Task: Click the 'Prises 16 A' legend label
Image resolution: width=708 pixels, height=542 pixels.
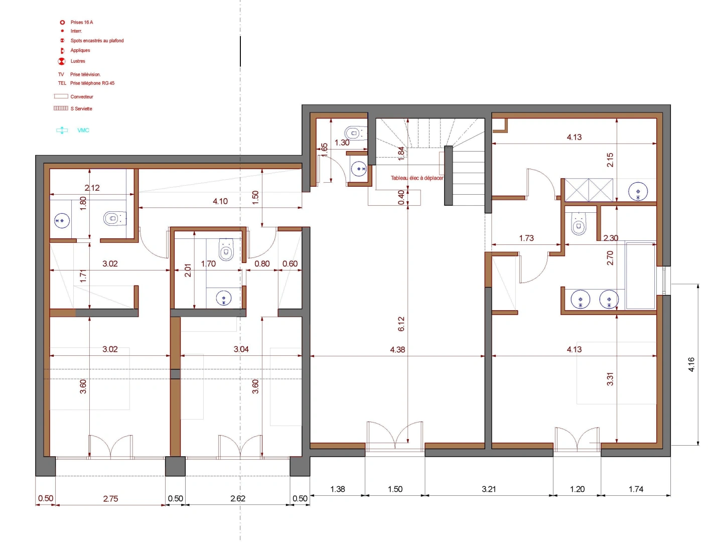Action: (x=82, y=22)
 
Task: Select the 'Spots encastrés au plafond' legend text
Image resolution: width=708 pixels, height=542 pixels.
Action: (x=97, y=41)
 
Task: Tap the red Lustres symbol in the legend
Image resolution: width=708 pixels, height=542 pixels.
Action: (x=62, y=61)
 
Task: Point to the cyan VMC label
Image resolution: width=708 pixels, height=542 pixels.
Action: (x=83, y=130)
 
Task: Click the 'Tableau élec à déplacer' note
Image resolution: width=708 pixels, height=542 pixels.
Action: (x=417, y=178)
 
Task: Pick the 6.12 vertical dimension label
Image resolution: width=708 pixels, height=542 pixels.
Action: (x=401, y=324)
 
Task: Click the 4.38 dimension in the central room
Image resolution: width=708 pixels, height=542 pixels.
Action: (x=397, y=350)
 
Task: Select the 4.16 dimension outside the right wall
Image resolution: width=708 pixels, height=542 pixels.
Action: (x=691, y=364)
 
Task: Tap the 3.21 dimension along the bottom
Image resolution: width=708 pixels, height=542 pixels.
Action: (x=489, y=489)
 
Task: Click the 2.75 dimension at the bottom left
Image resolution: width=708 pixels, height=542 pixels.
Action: (x=110, y=499)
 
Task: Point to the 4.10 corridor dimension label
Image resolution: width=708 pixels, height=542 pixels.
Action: (x=220, y=201)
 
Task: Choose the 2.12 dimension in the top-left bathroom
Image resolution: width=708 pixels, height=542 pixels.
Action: (x=92, y=188)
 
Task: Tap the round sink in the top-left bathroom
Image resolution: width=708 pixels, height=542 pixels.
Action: (x=62, y=221)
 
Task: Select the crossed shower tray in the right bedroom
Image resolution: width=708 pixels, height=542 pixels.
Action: (x=589, y=190)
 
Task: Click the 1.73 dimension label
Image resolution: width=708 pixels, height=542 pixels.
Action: (x=526, y=238)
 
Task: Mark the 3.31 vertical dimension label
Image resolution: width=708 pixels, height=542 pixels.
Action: (x=610, y=379)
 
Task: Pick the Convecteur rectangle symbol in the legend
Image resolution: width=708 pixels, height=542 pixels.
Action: (x=61, y=96)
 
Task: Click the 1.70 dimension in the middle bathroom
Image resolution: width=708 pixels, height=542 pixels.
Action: (x=208, y=263)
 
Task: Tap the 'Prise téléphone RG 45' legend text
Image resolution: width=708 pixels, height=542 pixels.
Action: (x=92, y=83)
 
